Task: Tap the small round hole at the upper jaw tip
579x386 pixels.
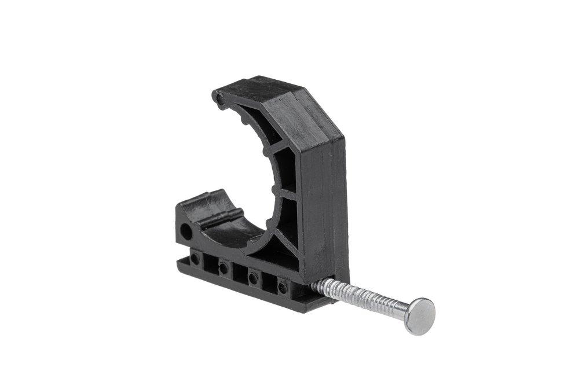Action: (219, 100)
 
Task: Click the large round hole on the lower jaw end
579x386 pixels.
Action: (186, 233)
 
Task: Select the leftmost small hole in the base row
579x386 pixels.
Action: (195, 259)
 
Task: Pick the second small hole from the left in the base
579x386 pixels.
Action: (223, 267)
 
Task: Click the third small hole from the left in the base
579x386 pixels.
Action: (253, 278)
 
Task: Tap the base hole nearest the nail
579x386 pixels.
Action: (283, 286)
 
